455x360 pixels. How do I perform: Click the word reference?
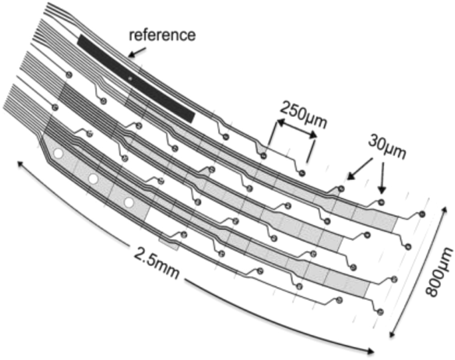point(163,35)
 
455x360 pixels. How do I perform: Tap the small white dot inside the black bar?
point(130,80)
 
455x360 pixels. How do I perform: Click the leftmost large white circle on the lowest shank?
point(58,153)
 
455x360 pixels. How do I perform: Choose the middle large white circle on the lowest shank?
point(94,179)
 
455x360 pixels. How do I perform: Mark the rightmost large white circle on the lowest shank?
point(129,202)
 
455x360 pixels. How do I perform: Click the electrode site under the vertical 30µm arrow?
point(382,201)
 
